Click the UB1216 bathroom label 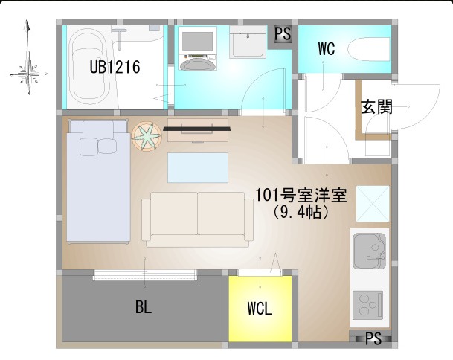[x=115, y=67]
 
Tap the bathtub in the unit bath [x=88, y=68]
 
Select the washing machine [x=198, y=48]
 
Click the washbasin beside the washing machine [x=248, y=42]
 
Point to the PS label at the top [x=283, y=33]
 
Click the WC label [x=327, y=49]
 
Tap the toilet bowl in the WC [x=368, y=49]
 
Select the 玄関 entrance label [x=376, y=107]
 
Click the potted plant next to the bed [x=147, y=136]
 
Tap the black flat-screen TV [x=196, y=129]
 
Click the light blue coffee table [x=198, y=167]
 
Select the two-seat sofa [x=198, y=219]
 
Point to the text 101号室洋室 [x=301, y=196]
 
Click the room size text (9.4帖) [x=301, y=213]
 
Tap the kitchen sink [x=370, y=251]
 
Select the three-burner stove [x=367, y=305]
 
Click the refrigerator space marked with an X [x=373, y=204]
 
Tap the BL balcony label [x=144, y=307]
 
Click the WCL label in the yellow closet [x=260, y=309]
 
